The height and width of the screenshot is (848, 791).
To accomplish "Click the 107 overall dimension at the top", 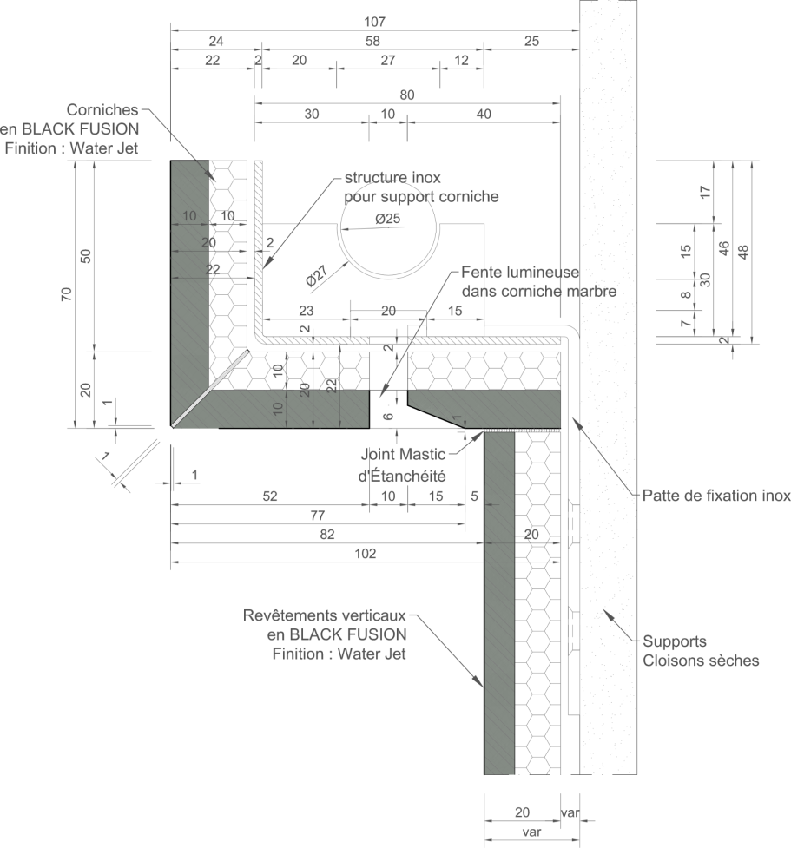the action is (374, 22).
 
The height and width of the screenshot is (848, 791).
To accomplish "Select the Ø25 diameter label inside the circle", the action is (388, 219).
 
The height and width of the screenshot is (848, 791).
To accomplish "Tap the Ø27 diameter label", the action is (317, 275).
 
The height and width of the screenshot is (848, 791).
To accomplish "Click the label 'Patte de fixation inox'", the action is (716, 496).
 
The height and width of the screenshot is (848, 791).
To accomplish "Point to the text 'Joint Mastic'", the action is (403, 454).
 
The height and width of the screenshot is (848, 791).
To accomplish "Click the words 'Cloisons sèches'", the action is (701, 661).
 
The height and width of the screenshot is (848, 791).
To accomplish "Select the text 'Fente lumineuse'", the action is (520, 272).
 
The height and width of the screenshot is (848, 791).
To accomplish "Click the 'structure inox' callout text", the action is (392, 177).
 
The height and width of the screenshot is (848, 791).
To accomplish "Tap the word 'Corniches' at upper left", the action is (102, 109).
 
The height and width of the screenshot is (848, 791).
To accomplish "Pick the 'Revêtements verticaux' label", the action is (324, 615).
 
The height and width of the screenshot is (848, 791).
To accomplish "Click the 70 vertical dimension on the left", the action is (66, 294).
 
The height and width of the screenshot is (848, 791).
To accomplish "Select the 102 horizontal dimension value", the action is (366, 553).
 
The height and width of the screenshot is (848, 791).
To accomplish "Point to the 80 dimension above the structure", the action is (407, 95).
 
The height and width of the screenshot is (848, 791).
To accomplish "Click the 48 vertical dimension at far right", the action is (743, 252).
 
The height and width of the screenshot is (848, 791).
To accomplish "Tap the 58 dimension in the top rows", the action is (372, 41).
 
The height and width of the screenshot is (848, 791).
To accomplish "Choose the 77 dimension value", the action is (318, 516).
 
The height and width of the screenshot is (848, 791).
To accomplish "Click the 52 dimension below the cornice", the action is (270, 496).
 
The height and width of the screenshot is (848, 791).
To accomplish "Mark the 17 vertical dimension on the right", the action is (705, 192).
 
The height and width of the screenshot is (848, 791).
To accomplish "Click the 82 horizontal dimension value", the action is (327, 535).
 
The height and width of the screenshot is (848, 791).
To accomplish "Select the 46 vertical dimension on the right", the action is (724, 248).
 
